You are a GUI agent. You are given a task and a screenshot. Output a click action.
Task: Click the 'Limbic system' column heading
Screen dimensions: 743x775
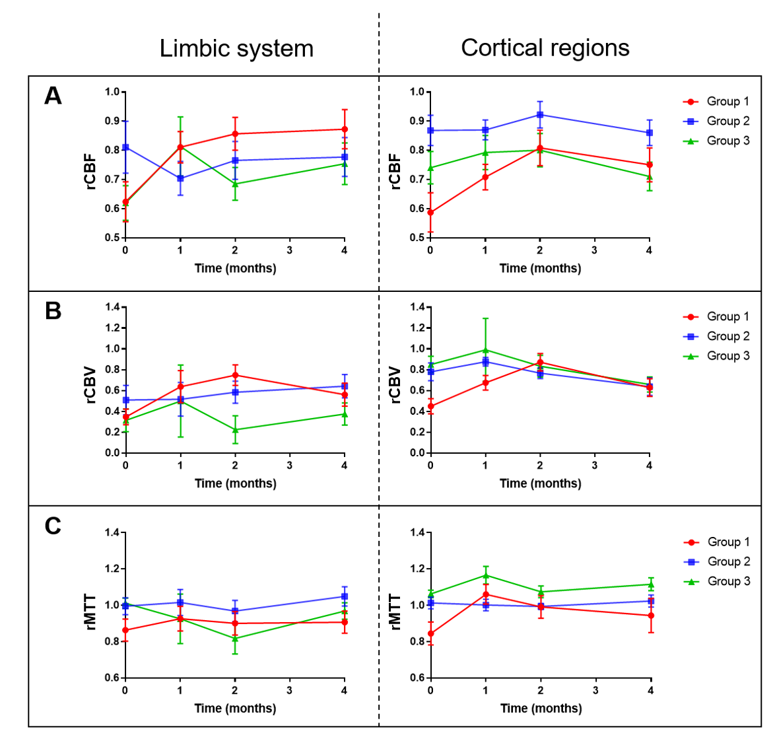(x=236, y=49)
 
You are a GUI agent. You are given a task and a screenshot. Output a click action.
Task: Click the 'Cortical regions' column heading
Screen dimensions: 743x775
(x=545, y=48)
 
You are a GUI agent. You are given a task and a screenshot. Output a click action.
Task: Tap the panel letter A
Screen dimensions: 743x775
(x=53, y=96)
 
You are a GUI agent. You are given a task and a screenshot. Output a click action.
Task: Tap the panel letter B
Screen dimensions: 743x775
(x=53, y=311)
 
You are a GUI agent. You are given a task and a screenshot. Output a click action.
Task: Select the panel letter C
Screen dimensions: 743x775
(x=53, y=526)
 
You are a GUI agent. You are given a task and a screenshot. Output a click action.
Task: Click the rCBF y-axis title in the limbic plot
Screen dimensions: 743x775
(x=90, y=172)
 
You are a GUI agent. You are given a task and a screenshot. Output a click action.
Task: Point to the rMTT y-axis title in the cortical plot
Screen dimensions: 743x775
(x=395, y=612)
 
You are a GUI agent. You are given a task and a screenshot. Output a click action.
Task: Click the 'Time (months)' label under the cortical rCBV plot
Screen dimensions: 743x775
(x=540, y=483)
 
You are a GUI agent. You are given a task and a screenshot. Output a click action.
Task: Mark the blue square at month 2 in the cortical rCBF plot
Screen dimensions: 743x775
(x=540, y=115)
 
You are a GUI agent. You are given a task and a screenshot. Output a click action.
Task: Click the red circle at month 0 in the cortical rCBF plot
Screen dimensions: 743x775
(x=430, y=213)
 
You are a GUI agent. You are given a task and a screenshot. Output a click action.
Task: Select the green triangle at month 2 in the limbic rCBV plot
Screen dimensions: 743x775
(x=235, y=429)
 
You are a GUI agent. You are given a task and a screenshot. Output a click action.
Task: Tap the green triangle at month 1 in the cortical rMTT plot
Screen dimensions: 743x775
(x=486, y=575)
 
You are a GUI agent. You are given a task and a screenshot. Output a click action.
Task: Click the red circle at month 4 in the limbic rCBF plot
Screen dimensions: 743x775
(x=345, y=129)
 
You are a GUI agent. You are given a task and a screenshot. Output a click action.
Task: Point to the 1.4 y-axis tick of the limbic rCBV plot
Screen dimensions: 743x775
(x=112, y=307)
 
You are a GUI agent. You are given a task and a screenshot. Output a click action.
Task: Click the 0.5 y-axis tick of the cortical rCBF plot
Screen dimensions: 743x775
(x=417, y=238)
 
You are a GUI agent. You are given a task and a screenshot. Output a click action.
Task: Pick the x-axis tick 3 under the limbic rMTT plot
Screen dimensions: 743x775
(x=290, y=690)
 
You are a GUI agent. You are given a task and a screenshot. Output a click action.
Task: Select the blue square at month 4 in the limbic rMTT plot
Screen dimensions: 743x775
(x=345, y=596)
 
